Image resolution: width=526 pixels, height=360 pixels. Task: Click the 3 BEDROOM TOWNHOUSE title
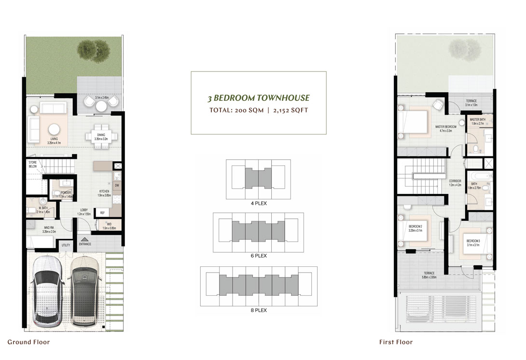pyautogui.click(x=258, y=98)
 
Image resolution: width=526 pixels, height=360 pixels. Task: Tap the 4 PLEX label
pyautogui.click(x=258, y=203)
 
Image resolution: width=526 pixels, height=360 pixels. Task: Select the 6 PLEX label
pyautogui.click(x=258, y=256)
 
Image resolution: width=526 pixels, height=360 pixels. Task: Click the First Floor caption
pyautogui.click(x=396, y=342)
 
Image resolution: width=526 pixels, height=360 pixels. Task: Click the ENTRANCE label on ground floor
pyautogui.click(x=85, y=244)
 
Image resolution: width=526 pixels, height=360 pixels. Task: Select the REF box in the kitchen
pyautogui.click(x=102, y=212)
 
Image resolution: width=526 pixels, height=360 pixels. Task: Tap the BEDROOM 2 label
pyautogui.click(x=415, y=226)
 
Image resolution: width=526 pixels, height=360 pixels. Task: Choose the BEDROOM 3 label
pyautogui.click(x=473, y=241)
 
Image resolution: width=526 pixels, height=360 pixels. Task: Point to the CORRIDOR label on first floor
pyautogui.click(x=456, y=181)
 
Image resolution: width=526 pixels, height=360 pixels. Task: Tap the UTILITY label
pyautogui.click(x=66, y=245)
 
